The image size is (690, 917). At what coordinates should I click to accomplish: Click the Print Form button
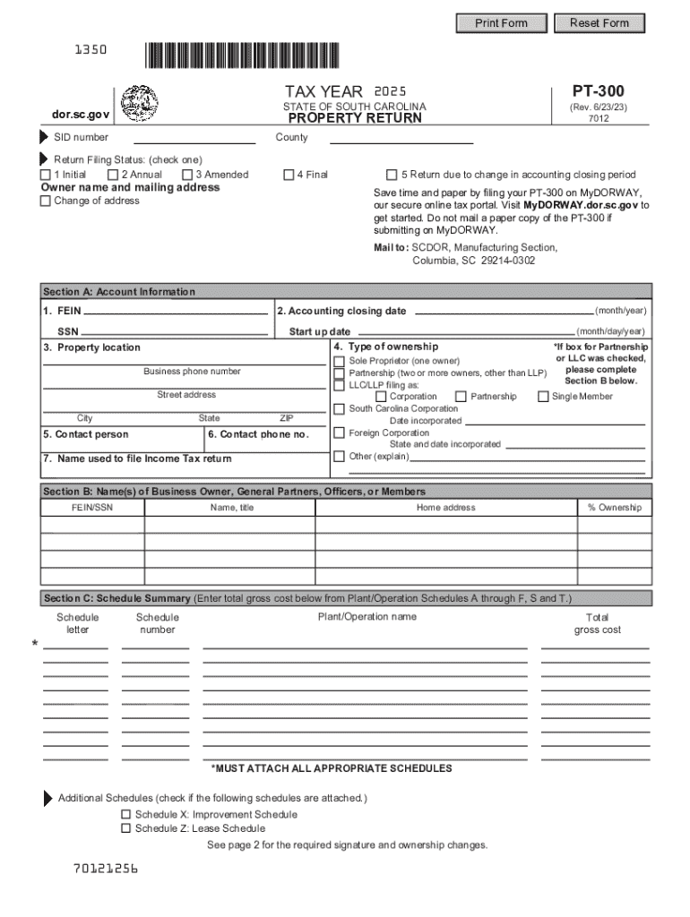coord(501,22)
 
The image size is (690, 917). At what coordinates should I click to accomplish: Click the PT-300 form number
coord(598,90)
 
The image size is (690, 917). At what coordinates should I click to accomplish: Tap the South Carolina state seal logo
coord(139,102)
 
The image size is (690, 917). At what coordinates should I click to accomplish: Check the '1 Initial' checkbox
coord(46,175)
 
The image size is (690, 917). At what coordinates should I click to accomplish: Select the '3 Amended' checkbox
coord(187,175)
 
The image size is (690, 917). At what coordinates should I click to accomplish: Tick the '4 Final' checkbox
coord(289,175)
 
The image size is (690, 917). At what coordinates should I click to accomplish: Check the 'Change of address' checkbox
coord(46,201)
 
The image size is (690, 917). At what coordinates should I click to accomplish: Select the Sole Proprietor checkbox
coord(339,361)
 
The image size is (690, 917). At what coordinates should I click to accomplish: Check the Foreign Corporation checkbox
coord(339,433)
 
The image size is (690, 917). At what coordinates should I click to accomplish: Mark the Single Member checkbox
coord(543,397)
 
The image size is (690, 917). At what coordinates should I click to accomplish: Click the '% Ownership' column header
coord(614,508)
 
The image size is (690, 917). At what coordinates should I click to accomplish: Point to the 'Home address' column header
coord(445,508)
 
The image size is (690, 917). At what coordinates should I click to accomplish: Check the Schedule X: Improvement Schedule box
coord(126,815)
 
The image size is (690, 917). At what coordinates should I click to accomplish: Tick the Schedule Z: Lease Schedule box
coord(126,828)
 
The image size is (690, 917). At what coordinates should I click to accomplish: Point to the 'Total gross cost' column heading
coord(597,623)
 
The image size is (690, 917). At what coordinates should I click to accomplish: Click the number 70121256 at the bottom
coord(107,869)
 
